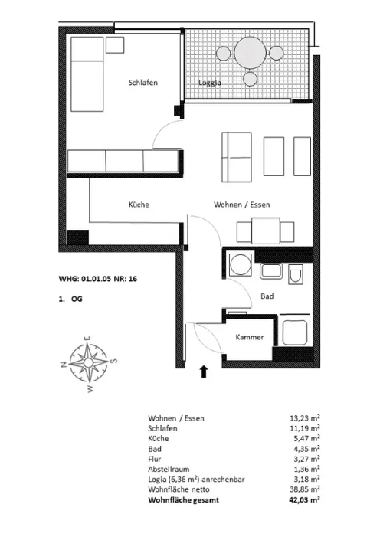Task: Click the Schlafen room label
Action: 143,83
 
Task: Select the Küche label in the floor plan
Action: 138,205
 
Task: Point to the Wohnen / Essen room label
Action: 241,205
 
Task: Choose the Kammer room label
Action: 250,337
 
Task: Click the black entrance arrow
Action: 204,372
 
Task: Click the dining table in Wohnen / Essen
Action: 265,231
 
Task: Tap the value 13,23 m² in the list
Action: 303,418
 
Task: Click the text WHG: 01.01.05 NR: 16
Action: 97,279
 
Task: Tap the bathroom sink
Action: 270,270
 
